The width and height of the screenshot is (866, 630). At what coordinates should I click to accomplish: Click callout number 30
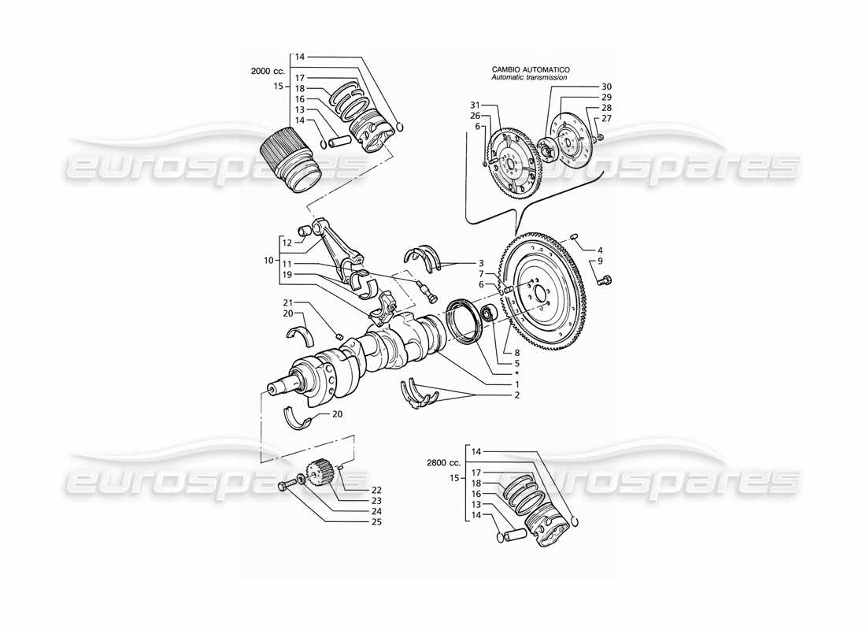tap(606, 86)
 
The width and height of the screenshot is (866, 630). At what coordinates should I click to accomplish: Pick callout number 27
tap(606, 117)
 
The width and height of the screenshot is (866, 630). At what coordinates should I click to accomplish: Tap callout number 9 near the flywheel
tap(600, 261)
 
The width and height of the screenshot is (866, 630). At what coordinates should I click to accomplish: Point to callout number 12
tap(288, 243)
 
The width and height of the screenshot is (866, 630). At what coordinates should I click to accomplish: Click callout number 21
tap(288, 302)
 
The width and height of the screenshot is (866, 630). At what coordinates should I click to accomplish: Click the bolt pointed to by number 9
tap(605, 279)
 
